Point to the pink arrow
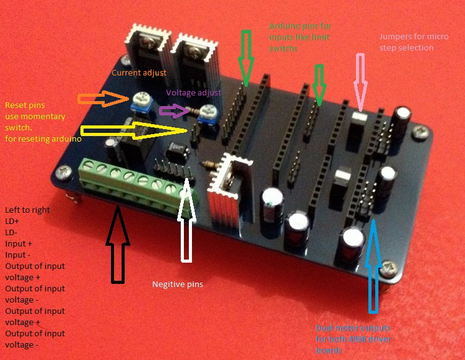point(360,81)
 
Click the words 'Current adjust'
point(139,73)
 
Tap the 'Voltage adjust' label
point(193,92)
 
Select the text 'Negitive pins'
point(178,285)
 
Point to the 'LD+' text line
point(13,221)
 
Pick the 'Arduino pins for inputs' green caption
point(300,37)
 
